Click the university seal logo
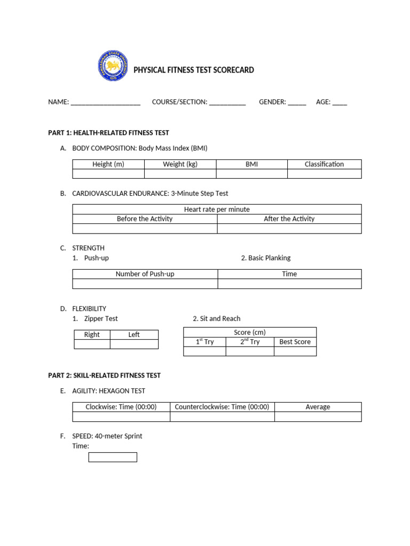click(x=113, y=66)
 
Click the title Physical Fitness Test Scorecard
click(x=193, y=70)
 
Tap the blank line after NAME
click(x=105, y=102)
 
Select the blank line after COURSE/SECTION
click(x=227, y=102)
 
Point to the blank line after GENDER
click(x=297, y=102)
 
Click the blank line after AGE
click(x=340, y=102)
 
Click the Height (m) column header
click(x=108, y=164)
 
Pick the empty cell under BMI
click(x=251, y=174)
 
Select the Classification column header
click(x=324, y=164)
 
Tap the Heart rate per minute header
click(x=217, y=210)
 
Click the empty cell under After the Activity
click(x=289, y=229)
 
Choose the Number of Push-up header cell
click(x=145, y=274)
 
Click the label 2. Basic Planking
click(x=266, y=258)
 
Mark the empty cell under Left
click(x=134, y=344)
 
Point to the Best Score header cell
click(x=295, y=342)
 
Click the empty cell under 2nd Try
click(x=249, y=351)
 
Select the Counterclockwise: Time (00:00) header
click(x=222, y=407)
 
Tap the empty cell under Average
click(x=318, y=417)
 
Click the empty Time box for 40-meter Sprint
click(x=113, y=457)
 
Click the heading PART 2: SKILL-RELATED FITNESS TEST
click(x=104, y=375)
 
